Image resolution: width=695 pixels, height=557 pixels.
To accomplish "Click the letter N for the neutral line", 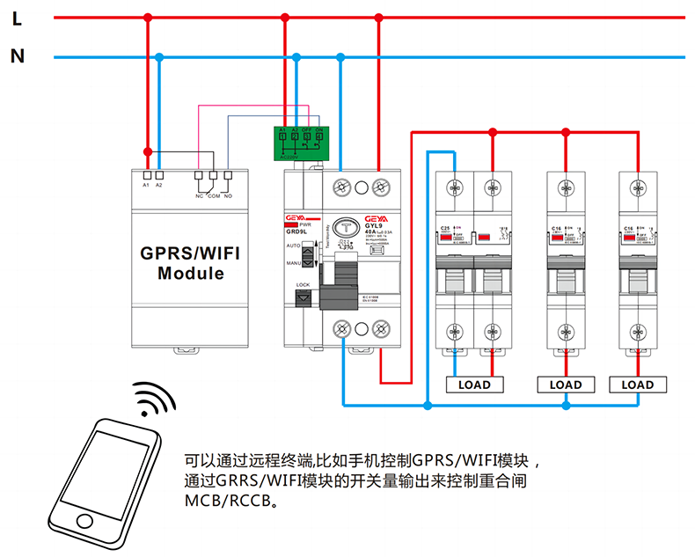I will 17,57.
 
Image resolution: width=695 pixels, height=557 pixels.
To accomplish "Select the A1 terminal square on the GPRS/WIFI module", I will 146,174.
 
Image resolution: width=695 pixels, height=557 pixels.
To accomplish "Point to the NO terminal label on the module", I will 229,195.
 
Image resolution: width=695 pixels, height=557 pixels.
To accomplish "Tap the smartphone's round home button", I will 84,521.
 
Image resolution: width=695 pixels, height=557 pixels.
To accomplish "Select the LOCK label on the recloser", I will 303,285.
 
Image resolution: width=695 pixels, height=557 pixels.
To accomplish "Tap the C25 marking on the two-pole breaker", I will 443,228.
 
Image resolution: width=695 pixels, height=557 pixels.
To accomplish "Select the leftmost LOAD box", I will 474,385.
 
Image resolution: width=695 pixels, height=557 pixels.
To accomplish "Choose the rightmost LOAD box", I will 638,385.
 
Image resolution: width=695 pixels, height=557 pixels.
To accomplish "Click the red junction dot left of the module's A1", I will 148,150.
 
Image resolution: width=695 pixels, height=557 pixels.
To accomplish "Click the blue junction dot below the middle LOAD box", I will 566,406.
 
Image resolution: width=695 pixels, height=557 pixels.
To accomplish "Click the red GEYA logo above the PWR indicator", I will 296,217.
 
